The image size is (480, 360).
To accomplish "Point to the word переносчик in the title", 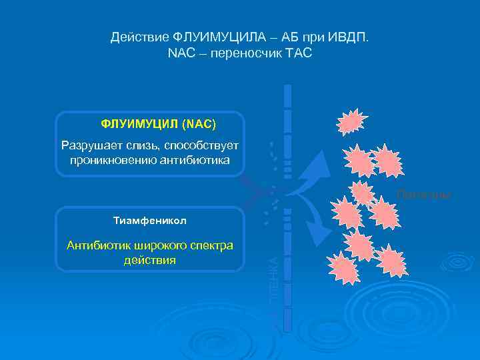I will click(x=242, y=53).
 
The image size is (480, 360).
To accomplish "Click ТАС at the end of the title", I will click(x=299, y=53).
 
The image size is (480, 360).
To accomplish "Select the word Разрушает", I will click(x=90, y=145).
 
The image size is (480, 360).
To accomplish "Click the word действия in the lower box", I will click(x=149, y=260).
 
